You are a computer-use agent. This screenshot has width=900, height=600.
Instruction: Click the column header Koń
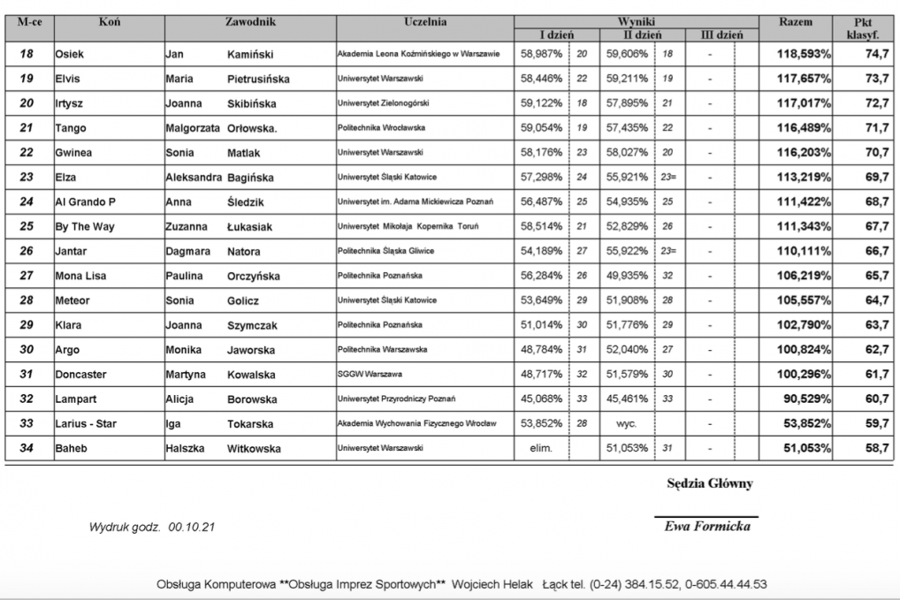[110, 21]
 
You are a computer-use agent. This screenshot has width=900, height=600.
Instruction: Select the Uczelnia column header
[425, 21]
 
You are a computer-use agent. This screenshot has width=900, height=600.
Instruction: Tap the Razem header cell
[796, 21]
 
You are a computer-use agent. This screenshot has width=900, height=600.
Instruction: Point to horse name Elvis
[67, 79]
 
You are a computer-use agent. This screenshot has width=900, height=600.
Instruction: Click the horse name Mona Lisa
[80, 276]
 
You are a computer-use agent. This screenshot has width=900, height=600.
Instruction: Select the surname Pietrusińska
[258, 79]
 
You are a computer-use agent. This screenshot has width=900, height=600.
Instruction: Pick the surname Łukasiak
[249, 227]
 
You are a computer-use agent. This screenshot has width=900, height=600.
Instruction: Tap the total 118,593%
[804, 54]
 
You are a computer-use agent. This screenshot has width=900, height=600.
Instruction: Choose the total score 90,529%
[807, 399]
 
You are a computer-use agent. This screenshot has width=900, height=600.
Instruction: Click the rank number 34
[27, 448]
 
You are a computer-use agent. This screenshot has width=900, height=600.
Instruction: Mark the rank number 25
[27, 226]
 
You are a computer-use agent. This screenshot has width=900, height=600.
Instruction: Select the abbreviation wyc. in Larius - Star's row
[626, 424]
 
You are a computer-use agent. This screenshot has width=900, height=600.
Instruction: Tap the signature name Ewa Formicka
[707, 527]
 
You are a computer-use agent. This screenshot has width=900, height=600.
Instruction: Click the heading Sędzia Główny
[710, 484]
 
